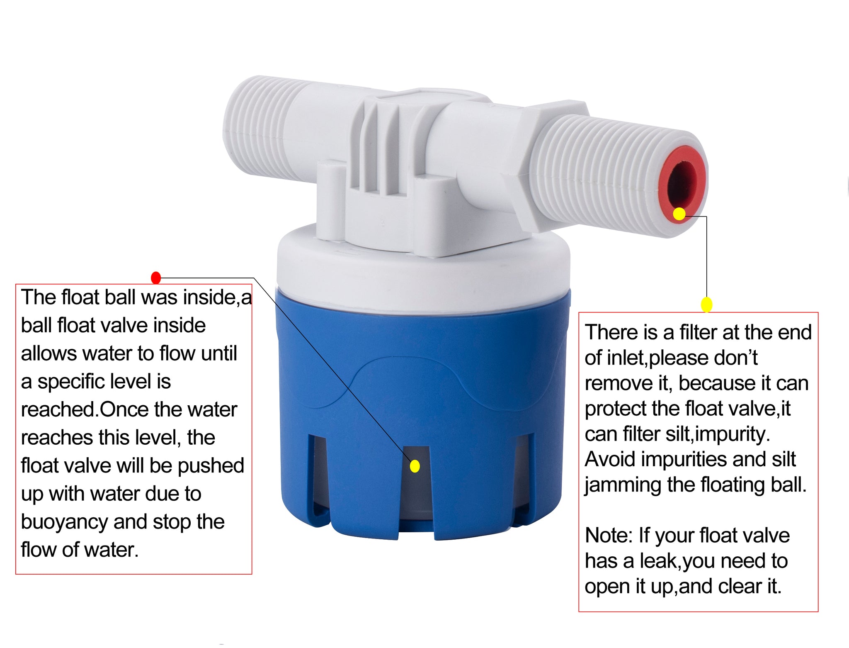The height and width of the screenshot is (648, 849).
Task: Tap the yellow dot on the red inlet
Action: [x=679, y=214]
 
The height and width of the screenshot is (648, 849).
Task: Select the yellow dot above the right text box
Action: [x=706, y=305]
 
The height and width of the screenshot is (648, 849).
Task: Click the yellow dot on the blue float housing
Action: [x=415, y=466]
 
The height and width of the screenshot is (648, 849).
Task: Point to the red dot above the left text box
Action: [x=156, y=278]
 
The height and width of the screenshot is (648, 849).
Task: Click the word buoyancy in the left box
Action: [x=64, y=522]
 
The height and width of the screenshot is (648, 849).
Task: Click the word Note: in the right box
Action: [x=609, y=536]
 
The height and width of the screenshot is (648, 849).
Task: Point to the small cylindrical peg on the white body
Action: [x=330, y=195]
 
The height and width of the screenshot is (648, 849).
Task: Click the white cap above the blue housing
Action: [x=423, y=274]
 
